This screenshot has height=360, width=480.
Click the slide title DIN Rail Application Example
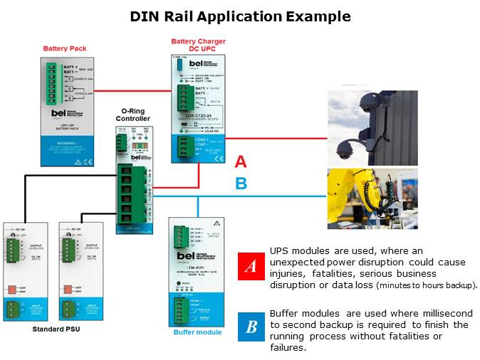(240, 16)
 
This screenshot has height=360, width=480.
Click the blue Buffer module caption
(197, 332)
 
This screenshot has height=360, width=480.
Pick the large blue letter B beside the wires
(241, 184)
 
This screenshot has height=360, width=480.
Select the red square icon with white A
(251, 266)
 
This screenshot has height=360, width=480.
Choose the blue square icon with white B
(251, 327)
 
